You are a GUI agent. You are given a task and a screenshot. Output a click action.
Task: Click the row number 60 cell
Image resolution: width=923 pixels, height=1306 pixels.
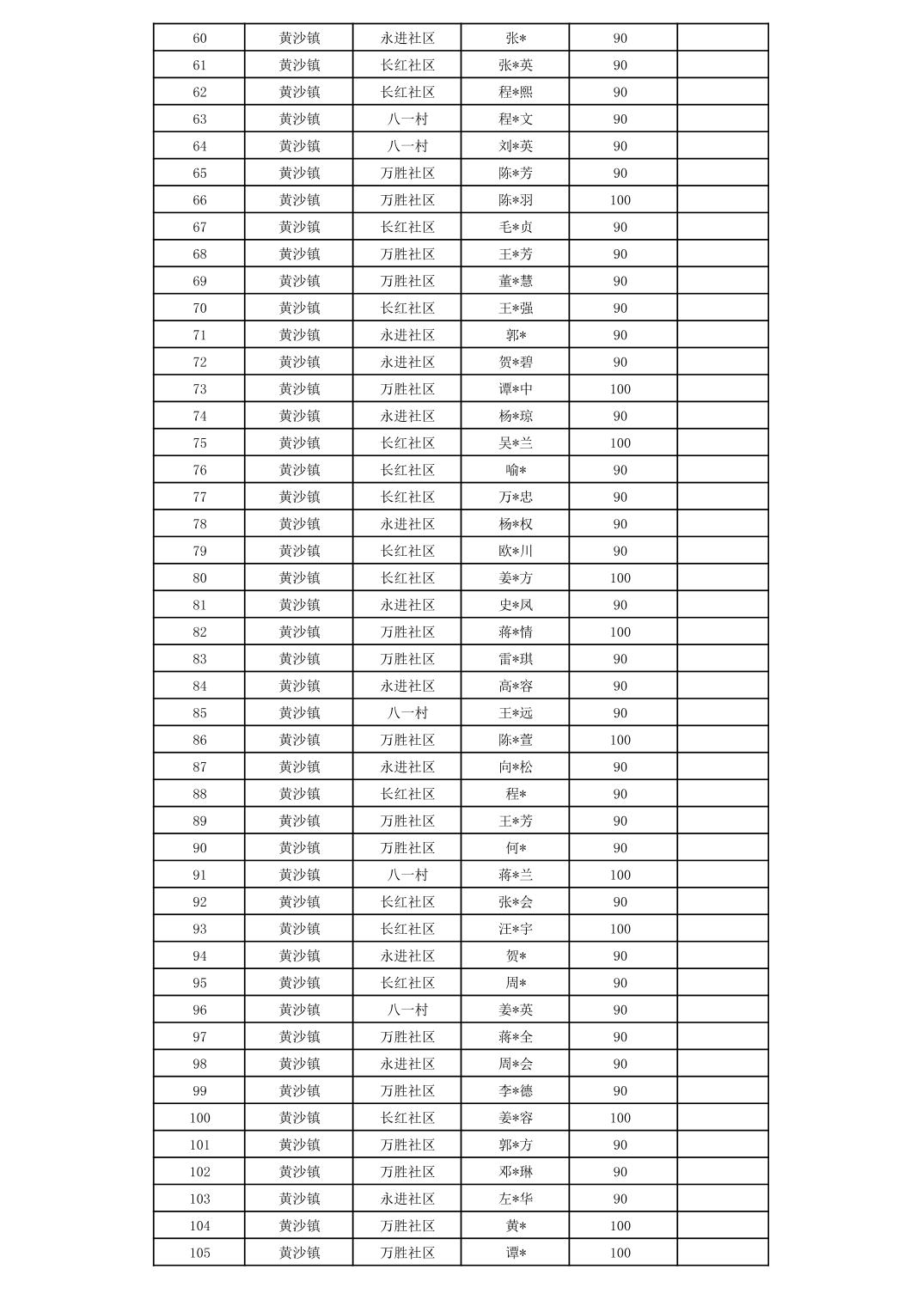point(199,38)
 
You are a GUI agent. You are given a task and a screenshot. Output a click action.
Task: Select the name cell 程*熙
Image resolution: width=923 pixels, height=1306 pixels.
point(516,92)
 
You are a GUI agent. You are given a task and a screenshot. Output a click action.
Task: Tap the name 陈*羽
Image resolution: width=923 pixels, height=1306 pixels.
point(516,200)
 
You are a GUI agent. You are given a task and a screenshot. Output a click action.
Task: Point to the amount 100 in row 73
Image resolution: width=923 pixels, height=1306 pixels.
point(620,389)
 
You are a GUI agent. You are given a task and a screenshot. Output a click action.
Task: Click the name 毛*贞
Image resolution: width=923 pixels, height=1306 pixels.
point(516,227)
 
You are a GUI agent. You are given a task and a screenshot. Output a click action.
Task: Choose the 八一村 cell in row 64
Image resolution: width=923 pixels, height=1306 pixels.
point(407,146)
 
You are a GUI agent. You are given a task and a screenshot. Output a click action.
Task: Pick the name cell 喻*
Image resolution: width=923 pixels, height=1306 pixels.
point(516,470)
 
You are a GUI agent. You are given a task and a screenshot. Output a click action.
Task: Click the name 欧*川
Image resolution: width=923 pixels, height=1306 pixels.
point(516,551)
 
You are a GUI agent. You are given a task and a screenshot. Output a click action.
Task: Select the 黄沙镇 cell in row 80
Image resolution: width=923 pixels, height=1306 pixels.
point(299,578)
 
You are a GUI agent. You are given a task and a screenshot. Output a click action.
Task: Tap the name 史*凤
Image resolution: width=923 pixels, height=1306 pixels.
point(516,605)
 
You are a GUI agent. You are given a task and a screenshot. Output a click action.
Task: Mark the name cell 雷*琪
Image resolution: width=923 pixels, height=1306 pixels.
point(516,659)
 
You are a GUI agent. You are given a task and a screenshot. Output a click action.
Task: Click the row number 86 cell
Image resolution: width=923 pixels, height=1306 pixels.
point(199,740)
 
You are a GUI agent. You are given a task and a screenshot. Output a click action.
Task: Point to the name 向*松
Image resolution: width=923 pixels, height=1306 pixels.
point(516,767)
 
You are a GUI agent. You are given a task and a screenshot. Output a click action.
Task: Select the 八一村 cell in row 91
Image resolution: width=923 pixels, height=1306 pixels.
point(407,875)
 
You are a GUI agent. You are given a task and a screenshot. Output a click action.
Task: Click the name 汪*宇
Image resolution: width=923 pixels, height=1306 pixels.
point(516,929)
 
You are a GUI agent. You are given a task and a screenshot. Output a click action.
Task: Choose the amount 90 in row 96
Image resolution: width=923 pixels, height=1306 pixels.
point(620,1010)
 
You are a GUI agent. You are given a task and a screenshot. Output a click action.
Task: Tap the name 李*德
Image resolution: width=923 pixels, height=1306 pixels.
point(516,1091)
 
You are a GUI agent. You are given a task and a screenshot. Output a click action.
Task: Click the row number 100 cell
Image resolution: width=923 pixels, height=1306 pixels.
point(199,1118)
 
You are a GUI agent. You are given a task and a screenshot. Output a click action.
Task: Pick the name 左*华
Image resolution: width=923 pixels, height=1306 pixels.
point(516,1199)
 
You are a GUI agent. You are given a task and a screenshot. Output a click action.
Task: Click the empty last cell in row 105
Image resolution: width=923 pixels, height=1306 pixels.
point(723,1253)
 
